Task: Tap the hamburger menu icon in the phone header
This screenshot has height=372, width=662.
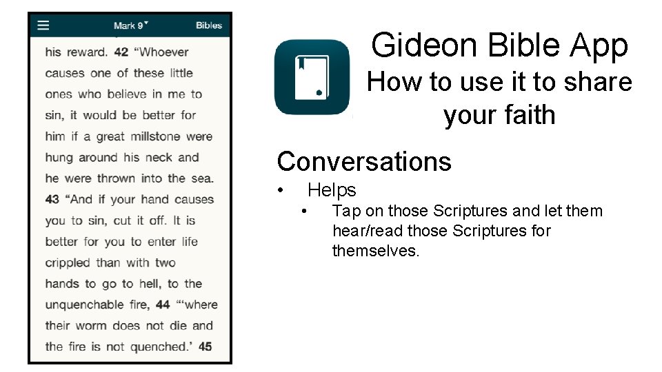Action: [x=43, y=25]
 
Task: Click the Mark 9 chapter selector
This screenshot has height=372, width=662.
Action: [x=130, y=25]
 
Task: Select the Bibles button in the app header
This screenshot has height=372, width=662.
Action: [x=208, y=25]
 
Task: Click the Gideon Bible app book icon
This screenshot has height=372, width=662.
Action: [x=312, y=77]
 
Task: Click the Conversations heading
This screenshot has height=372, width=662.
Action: [x=364, y=162]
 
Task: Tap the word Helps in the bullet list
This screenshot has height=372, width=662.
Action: [x=332, y=190]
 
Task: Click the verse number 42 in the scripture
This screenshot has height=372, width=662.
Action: [x=121, y=52]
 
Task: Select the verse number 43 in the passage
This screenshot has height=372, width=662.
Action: [x=52, y=199]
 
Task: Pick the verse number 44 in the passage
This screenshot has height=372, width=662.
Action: [x=163, y=304]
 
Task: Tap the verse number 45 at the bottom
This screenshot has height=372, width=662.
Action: [x=205, y=347]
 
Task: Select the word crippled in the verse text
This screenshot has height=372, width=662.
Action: [x=68, y=262]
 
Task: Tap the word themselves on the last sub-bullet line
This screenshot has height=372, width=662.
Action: [x=375, y=251]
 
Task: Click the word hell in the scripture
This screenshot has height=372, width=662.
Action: [x=148, y=284]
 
